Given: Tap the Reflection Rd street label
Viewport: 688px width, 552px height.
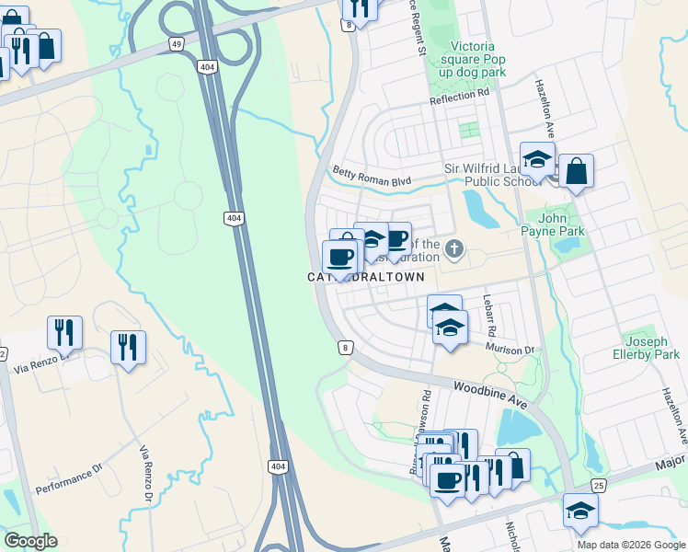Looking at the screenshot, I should tap(459, 95).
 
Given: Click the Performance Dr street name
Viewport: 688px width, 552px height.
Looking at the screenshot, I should tap(70, 481).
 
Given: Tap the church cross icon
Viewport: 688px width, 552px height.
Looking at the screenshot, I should tap(454, 248).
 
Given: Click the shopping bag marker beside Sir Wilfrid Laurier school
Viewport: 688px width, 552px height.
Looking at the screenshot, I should tap(576, 172).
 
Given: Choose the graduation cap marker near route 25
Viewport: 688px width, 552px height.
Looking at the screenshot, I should tap(581, 512).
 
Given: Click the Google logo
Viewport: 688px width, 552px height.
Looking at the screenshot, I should tap(29, 541).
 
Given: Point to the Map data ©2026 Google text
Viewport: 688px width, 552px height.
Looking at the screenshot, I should tap(630, 544).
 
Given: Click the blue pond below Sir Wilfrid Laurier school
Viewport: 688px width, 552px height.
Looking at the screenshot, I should tap(480, 210).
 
